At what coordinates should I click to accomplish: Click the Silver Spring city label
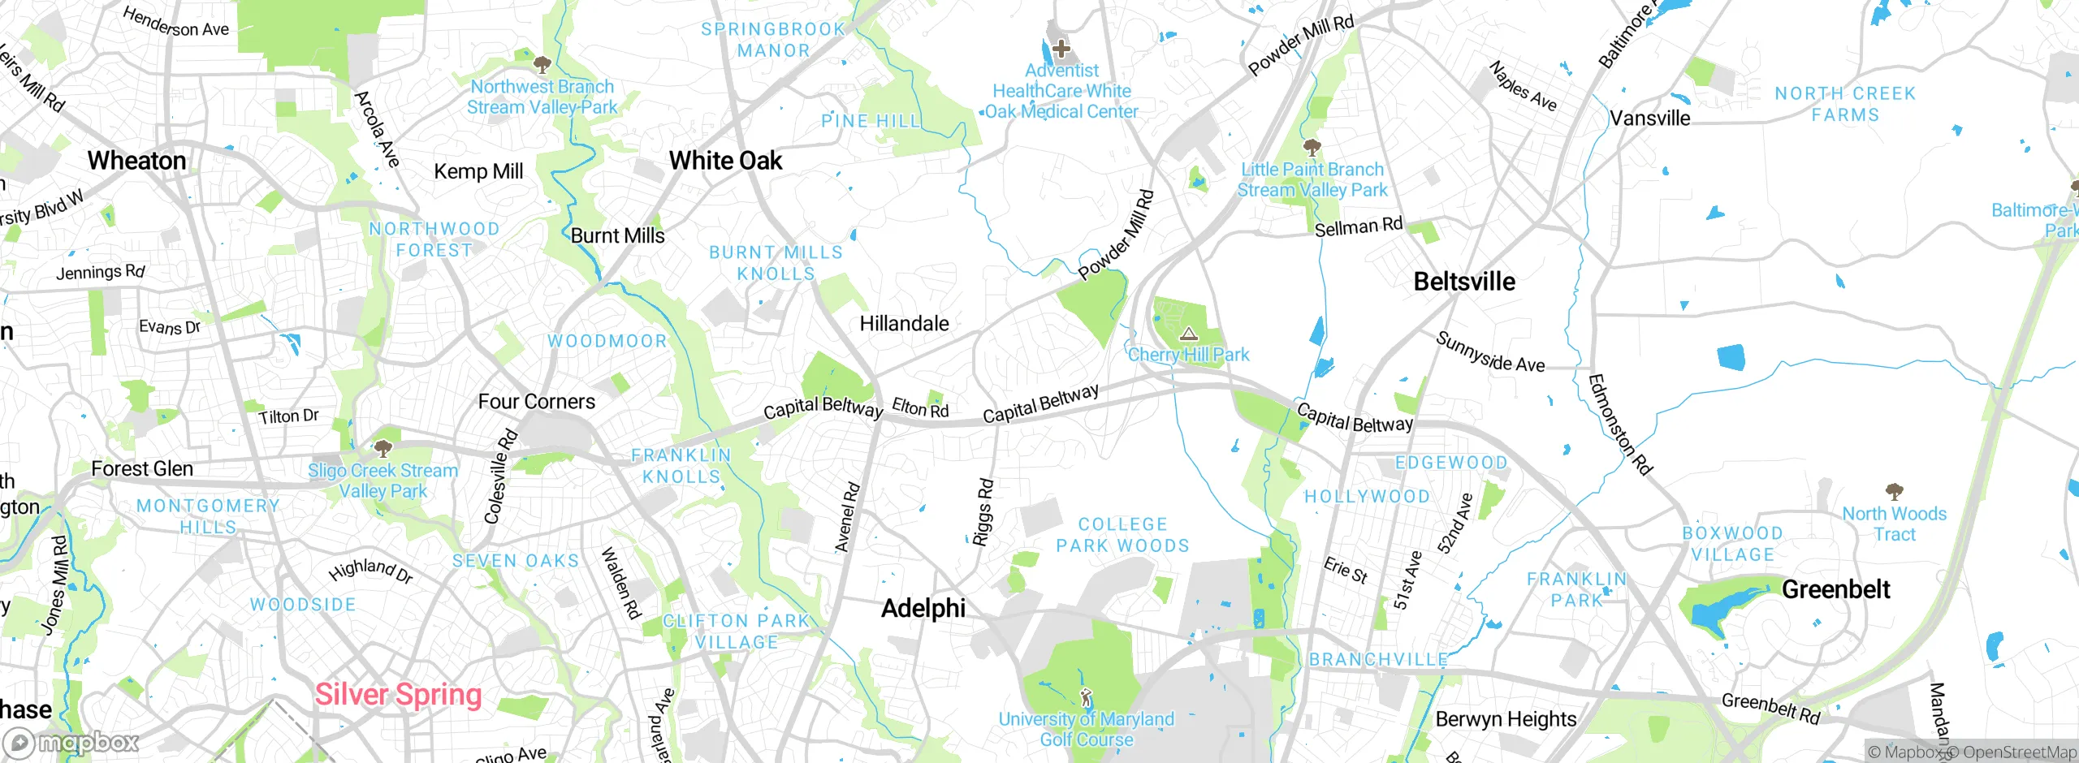coord(398,695)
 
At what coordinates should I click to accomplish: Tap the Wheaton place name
coord(137,161)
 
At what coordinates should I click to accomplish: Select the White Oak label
coord(725,161)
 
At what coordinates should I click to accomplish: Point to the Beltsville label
coord(1464,282)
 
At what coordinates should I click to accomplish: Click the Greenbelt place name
coord(1835,589)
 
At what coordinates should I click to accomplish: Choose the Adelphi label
coord(923,608)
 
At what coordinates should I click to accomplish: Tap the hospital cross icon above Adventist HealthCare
coord(1061,49)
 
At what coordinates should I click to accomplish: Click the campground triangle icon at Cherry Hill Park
coord(1189,334)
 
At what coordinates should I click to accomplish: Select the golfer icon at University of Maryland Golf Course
coord(1086,697)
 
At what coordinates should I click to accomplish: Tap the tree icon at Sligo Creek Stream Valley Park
coord(383,448)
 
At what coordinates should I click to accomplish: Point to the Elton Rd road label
coord(920,407)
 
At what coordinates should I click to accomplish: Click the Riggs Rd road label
coord(983,512)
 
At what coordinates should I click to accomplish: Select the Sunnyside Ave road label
coord(1489,353)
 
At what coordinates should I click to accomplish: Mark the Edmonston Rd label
coord(1619,425)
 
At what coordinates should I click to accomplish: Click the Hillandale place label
coord(904,324)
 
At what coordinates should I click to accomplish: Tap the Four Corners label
coord(536,402)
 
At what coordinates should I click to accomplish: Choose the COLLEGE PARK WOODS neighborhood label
coord(1122,535)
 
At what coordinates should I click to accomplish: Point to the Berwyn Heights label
coord(1506,719)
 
